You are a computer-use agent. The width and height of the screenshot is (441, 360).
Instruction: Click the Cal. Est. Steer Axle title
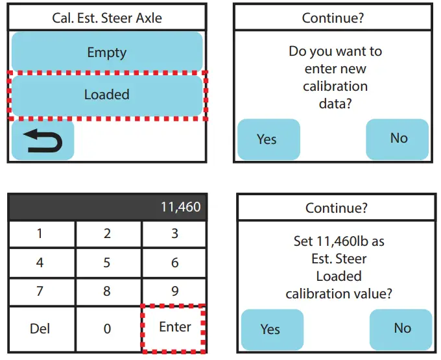point(107,18)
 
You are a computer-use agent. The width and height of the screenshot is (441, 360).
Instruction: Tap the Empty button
point(107,53)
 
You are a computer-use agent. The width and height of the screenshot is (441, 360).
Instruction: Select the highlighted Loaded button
point(107,95)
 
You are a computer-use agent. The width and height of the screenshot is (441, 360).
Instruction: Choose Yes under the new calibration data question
point(267,139)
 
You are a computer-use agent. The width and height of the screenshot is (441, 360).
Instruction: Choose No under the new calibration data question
point(398,138)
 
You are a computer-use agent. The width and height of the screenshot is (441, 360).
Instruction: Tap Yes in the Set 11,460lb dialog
point(270,329)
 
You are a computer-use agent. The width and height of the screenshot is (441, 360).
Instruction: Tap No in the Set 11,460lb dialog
point(402,328)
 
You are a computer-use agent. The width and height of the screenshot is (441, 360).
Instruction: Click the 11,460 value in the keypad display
point(180,208)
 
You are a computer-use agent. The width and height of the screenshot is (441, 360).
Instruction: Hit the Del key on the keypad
point(40,329)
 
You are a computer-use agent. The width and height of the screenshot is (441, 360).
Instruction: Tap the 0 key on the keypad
point(108,329)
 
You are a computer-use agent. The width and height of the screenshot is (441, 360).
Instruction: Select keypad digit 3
point(174,234)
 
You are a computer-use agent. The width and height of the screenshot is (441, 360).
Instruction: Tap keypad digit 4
point(40,263)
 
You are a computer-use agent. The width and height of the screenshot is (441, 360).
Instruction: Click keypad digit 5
point(108,263)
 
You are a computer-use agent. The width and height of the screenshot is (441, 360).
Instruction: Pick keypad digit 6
point(174,263)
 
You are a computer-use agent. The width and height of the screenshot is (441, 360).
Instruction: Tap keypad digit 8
point(108,292)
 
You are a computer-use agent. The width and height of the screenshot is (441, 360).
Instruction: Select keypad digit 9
point(174,292)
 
